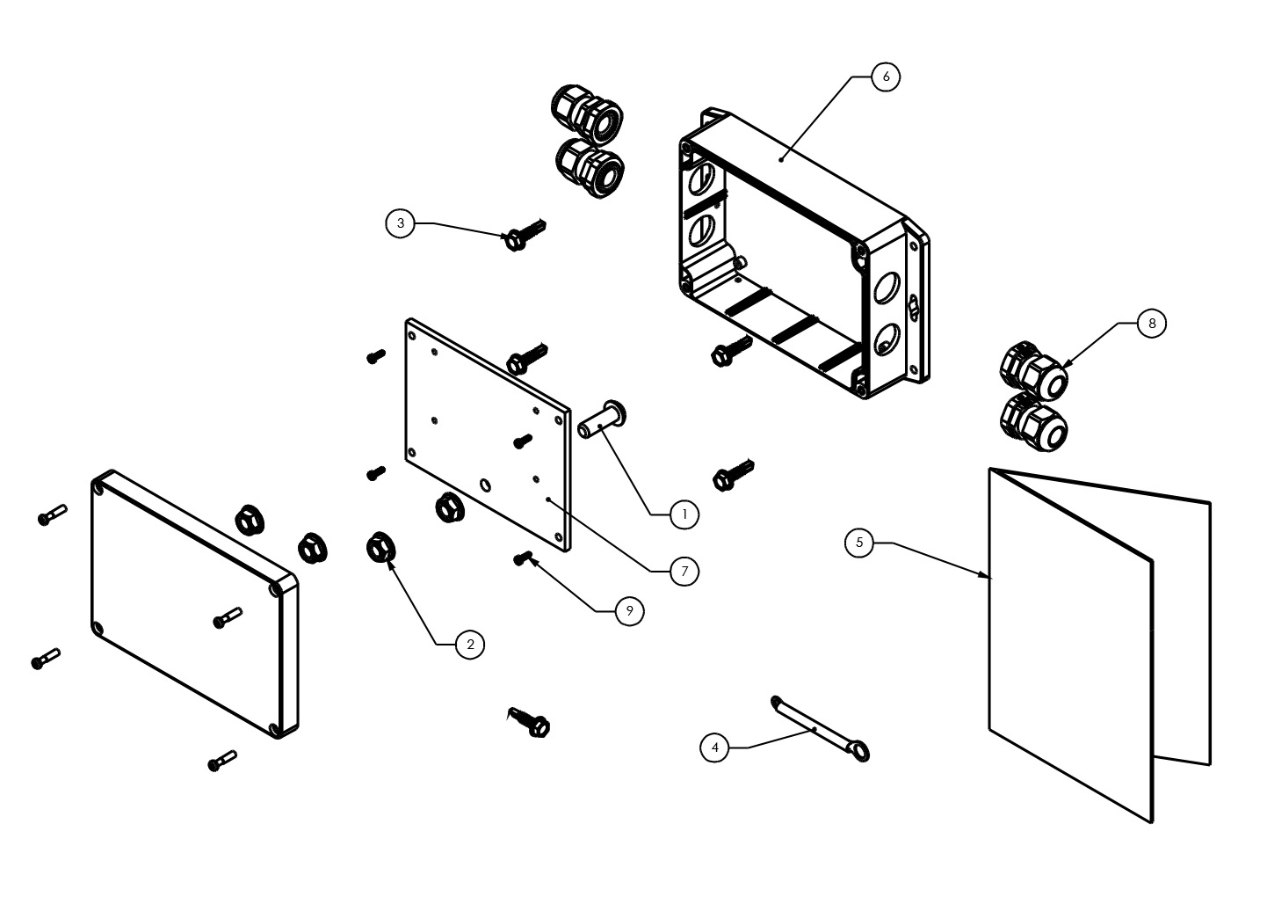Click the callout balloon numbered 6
coord(886,77)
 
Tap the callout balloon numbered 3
coord(401,223)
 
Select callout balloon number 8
coord(1151,324)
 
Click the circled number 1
coord(684,514)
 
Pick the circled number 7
coord(684,571)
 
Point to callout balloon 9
coord(629,610)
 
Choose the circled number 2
coord(470,645)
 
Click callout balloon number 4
coord(715,748)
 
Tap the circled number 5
coord(859,543)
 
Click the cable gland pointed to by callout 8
coord(1037,370)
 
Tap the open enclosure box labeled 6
coord(800,255)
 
